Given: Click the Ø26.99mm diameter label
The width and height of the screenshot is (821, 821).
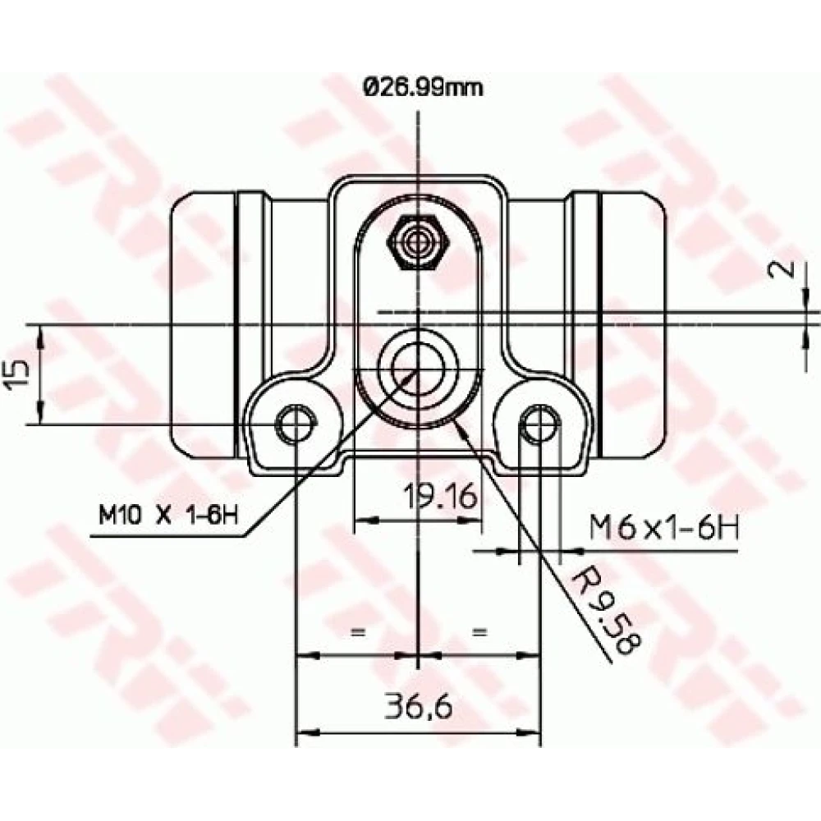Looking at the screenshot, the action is tap(423, 88).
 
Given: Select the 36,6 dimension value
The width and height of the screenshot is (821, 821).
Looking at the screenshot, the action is tap(419, 706).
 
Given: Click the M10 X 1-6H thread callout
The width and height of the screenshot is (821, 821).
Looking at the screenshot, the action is tap(168, 516).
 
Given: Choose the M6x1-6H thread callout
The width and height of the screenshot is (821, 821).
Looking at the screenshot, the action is tap(664, 527).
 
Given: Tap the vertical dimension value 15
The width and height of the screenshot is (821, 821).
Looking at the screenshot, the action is tap(17, 374).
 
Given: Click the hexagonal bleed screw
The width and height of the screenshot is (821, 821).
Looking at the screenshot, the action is tap(417, 241).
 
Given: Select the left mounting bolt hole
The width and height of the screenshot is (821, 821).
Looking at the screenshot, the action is tap(296, 424).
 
